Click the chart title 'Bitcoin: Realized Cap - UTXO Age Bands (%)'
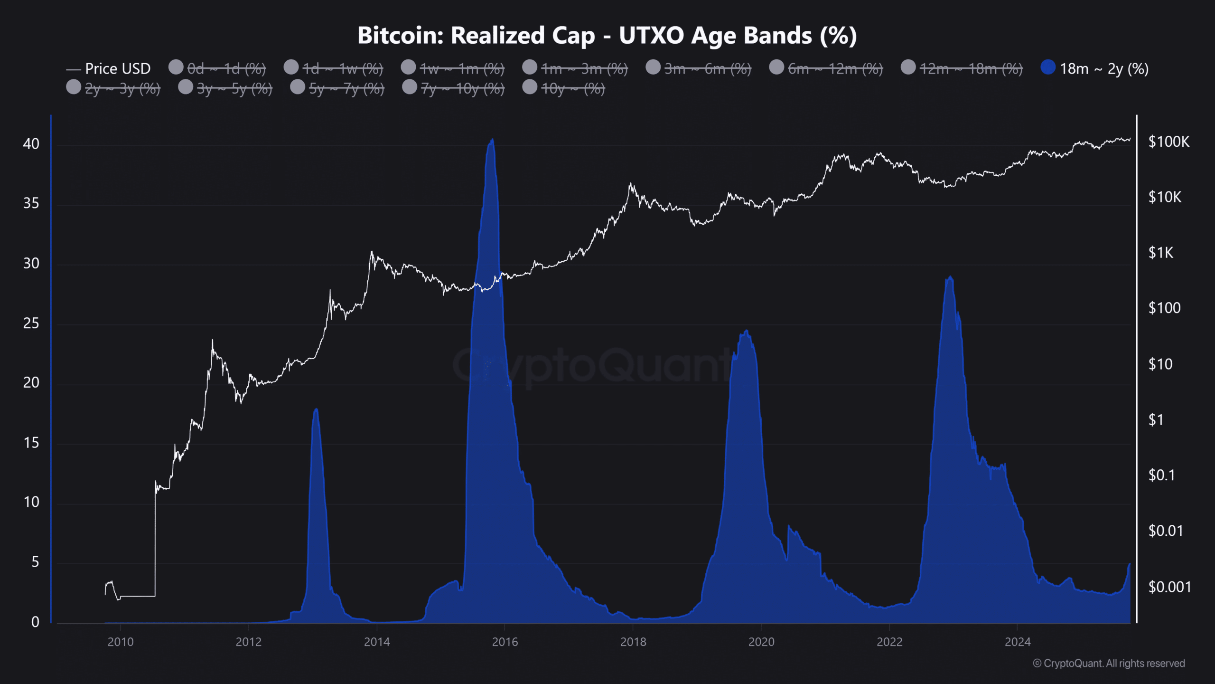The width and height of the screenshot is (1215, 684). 607,36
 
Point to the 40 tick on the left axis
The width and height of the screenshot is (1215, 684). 31,144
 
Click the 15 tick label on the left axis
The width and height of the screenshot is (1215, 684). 31,443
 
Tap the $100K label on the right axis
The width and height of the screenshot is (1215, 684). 1168,142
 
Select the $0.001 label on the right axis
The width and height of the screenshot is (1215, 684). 1169,587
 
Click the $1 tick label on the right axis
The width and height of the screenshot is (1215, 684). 1156,420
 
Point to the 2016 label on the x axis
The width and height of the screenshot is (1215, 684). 505,642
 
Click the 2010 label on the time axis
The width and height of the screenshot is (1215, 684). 121,642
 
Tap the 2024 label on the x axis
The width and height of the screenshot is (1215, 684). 1018,642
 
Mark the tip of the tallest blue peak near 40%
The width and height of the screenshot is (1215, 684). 492,139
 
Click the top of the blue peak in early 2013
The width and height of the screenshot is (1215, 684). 316,409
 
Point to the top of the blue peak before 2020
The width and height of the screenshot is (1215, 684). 747,331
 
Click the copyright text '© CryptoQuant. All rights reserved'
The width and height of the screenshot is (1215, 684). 1109,663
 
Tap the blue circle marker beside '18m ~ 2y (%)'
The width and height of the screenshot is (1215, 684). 1047,67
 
